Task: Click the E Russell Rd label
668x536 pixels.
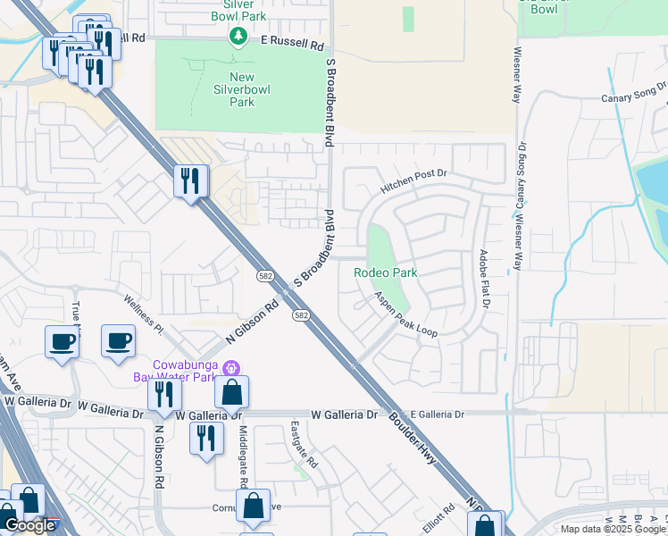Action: pos(292,42)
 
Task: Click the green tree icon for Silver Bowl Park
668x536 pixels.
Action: pos(238,36)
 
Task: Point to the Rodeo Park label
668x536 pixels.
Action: pos(385,272)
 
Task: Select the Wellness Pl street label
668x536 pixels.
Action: pos(145,314)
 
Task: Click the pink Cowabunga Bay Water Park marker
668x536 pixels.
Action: pos(231,367)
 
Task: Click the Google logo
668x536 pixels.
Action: pos(29,526)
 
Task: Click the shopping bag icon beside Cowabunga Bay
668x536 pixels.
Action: pos(231,391)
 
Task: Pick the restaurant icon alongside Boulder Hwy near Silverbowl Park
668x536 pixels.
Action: pos(191,181)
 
